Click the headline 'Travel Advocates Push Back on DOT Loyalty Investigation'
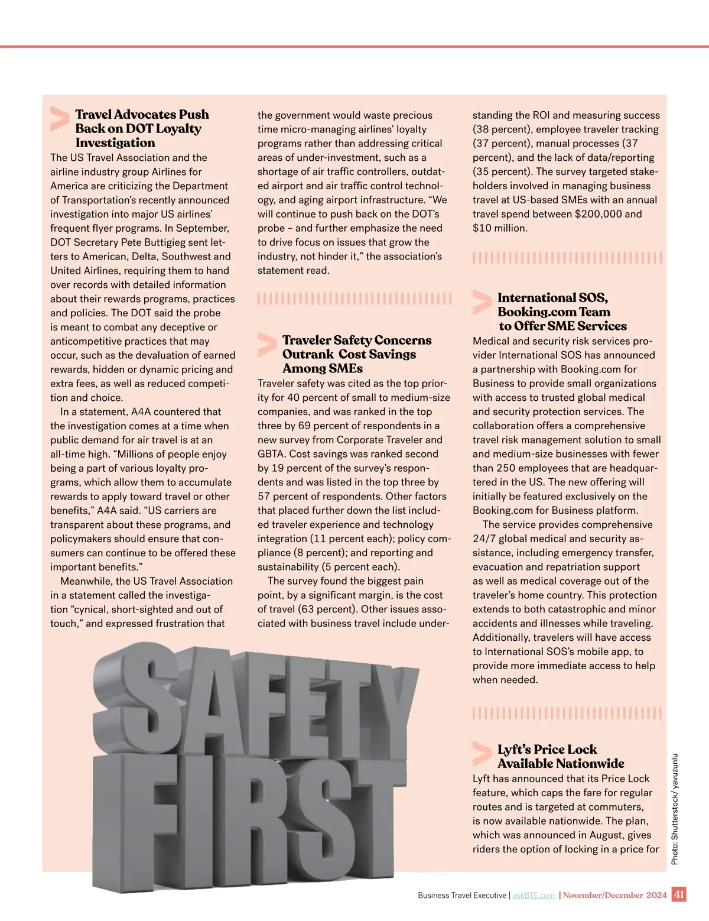coord(142,128)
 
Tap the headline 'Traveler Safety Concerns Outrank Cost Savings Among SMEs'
coord(357,354)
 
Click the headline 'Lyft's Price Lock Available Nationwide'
coord(560,756)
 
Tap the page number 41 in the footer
coord(679,894)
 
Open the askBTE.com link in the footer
coord(534,896)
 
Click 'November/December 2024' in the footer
coord(614,895)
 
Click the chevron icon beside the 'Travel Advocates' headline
coord(60,118)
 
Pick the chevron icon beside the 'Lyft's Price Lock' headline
coord(482,754)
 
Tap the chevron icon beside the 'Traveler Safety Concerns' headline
coord(266,345)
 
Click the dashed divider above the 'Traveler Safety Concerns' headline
coord(354,299)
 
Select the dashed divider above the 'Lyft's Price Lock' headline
coord(567,713)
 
